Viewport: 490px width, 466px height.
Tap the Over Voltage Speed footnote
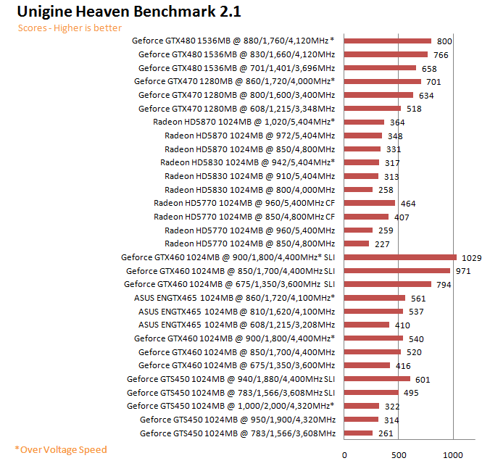pyautogui.click(x=61, y=449)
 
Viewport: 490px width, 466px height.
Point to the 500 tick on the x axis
pyautogui.click(x=398, y=454)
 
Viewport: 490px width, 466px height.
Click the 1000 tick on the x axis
pyautogui.click(x=453, y=454)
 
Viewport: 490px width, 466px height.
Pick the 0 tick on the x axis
pyautogui.click(x=344, y=454)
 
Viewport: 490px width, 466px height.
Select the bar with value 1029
pyautogui.click(x=399, y=257)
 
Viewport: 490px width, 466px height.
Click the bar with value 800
pyautogui.click(x=387, y=41)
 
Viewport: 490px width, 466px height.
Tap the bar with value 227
pyautogui.click(x=357, y=244)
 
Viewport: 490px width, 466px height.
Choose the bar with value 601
pyautogui.click(x=377, y=379)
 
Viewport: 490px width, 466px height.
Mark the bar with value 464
pyautogui.click(x=369, y=204)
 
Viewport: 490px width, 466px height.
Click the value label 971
pyautogui.click(x=463, y=271)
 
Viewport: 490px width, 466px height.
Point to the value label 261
pyautogui.click(x=386, y=433)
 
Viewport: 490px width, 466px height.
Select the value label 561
pyautogui.click(x=418, y=298)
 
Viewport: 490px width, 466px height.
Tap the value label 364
pyautogui.click(x=396, y=122)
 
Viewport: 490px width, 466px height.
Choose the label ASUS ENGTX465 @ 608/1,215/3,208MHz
pyautogui.click(x=236, y=325)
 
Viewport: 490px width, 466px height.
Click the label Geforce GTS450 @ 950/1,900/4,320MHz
pyautogui.click(x=238, y=420)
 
